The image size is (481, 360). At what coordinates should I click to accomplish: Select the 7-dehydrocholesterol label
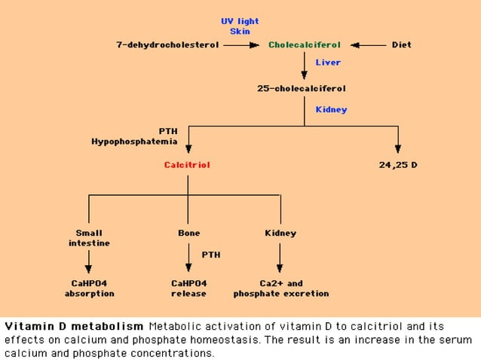pyautogui.click(x=167, y=44)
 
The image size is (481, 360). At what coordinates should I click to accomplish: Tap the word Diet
pyautogui.click(x=401, y=44)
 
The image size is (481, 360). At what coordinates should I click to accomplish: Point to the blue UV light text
pyautogui.click(x=240, y=21)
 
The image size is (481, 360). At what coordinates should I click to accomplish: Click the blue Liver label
pyautogui.click(x=328, y=63)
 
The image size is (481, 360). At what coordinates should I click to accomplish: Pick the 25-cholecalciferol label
pyautogui.click(x=302, y=88)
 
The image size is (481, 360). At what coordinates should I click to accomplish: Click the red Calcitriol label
pyautogui.click(x=187, y=164)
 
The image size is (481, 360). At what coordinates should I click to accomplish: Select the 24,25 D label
pyautogui.click(x=398, y=164)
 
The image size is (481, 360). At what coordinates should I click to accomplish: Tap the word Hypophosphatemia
pyautogui.click(x=134, y=141)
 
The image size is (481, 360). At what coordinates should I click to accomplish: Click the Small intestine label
pyautogui.click(x=89, y=238)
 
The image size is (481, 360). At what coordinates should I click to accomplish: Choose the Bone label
pyautogui.click(x=188, y=233)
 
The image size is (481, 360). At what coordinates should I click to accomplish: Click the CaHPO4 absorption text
pyautogui.click(x=89, y=288)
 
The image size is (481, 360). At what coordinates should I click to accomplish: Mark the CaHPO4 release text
pyautogui.click(x=188, y=288)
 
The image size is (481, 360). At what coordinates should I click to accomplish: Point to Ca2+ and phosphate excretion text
pyautogui.click(x=280, y=288)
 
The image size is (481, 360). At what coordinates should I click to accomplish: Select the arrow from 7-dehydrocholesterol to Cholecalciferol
pyautogui.click(x=241, y=44)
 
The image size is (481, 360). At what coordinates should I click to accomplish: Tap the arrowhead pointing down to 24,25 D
pyautogui.click(x=398, y=149)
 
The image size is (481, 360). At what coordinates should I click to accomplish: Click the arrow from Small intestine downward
pyautogui.click(x=89, y=261)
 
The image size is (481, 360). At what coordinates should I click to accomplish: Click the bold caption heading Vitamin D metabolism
pyautogui.click(x=74, y=327)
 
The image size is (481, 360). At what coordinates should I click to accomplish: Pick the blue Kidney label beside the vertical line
pyautogui.click(x=331, y=109)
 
